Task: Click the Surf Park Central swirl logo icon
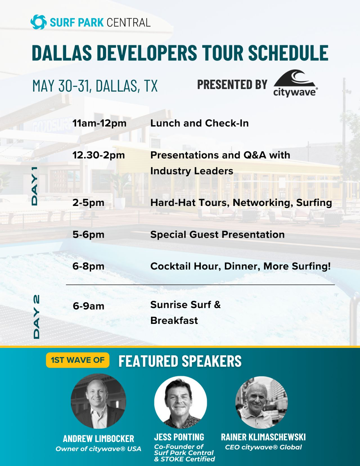tap(39, 22)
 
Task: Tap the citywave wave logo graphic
tap(295, 78)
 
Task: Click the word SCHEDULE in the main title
tap(288, 53)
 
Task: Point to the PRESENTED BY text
tap(232, 84)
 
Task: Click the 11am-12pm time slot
tap(100, 123)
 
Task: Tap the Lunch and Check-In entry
tap(200, 123)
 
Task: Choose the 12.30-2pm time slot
tap(99, 155)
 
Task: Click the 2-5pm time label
tap(88, 203)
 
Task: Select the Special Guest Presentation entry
tap(217, 234)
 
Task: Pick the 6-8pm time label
tap(88, 266)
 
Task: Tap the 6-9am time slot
tap(88, 306)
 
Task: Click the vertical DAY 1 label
tap(35, 186)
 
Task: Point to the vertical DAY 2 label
tap(36, 317)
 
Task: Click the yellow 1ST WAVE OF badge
tap(78, 360)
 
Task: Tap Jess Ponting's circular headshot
tap(180, 402)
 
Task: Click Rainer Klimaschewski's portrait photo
tap(261, 403)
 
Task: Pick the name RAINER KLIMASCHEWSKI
tap(263, 437)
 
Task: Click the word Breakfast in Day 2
tap(174, 321)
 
